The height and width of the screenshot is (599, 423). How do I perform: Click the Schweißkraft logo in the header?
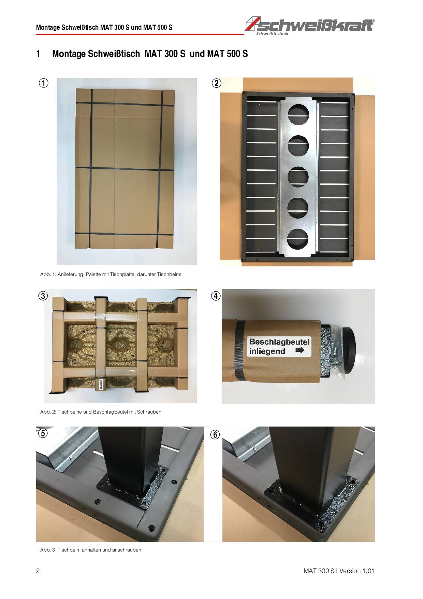(310, 25)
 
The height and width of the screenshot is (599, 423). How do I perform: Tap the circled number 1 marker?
(43, 83)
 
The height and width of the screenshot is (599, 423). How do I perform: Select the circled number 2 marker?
(216, 83)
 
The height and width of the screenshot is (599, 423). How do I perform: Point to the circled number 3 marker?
(43, 296)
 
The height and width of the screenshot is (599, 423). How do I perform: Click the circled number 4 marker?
(216, 296)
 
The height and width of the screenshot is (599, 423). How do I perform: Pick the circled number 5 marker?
(42, 433)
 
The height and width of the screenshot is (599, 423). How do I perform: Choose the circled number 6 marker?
(215, 435)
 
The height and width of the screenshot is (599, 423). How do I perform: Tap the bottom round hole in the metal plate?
(298, 239)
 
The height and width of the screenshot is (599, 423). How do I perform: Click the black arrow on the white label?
(300, 350)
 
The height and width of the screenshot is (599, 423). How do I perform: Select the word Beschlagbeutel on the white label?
(279, 342)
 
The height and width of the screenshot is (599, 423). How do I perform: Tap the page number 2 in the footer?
(38, 571)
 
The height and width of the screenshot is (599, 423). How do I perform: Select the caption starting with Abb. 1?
(111, 274)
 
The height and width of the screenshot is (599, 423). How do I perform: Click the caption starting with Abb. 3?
(91, 550)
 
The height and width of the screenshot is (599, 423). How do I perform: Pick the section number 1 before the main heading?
(38, 54)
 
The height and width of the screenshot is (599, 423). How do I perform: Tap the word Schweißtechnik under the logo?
(272, 33)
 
